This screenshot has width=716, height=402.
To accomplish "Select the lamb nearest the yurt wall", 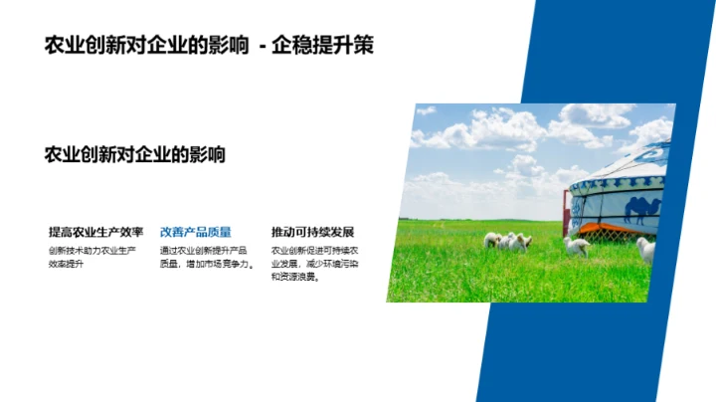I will (x=577, y=245).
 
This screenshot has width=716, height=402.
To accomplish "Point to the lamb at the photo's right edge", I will (x=646, y=249).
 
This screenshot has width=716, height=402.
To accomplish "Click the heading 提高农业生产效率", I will (x=96, y=232).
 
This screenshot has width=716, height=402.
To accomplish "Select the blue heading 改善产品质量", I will (x=196, y=232).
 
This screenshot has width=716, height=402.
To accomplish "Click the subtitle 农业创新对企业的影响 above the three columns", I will (x=135, y=154).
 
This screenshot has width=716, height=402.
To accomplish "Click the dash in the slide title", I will (x=262, y=46).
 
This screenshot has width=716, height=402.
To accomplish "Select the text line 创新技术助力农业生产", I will (x=92, y=251).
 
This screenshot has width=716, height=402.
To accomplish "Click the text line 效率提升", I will (x=68, y=264).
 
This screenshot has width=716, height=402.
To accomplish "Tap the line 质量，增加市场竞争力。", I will (x=208, y=264).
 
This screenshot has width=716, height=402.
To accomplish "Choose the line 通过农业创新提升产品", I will (x=204, y=251).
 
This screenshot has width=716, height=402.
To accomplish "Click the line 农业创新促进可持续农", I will (x=315, y=251).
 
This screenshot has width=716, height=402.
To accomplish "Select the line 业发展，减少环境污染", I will (x=315, y=264).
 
